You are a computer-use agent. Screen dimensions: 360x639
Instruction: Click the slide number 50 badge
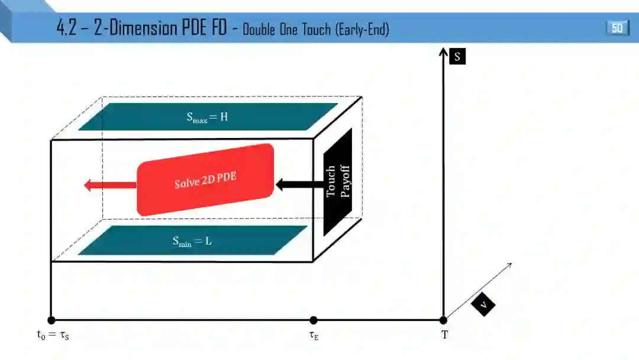tap(617, 28)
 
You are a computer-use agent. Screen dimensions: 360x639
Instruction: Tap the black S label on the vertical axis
tap(457, 57)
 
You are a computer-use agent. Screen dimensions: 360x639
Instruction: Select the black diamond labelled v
tap(484, 305)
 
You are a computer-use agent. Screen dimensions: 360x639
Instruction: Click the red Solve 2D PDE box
tap(205, 180)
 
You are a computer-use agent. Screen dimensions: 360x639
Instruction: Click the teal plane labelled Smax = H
tap(208, 117)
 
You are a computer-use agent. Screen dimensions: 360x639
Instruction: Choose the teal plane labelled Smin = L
tap(193, 240)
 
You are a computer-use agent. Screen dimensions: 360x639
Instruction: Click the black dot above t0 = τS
tap(51, 320)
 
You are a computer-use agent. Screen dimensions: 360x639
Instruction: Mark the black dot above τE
tap(314, 320)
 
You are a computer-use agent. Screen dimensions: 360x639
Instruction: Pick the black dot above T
tap(443, 320)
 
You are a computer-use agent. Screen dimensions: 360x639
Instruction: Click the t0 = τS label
tap(53, 335)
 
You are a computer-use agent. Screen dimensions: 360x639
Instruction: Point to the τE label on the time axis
tap(314, 335)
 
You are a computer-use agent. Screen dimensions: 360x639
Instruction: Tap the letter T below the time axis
tap(444, 335)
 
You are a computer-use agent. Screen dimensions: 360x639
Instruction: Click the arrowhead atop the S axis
tap(443, 52)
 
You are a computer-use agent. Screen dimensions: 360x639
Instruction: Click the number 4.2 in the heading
tap(66, 28)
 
